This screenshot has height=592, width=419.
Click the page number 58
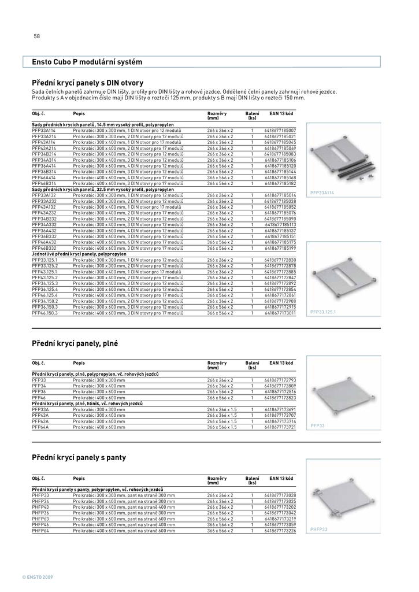[x=37, y=36]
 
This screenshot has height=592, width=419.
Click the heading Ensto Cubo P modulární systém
[x=87, y=62]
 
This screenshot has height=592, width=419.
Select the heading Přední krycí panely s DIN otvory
[x=87, y=83]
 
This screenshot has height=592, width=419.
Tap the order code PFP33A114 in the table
[x=44, y=131]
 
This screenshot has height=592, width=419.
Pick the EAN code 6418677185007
[x=280, y=131]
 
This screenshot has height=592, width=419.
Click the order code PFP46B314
[x=44, y=183]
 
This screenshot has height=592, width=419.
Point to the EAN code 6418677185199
[x=280, y=248]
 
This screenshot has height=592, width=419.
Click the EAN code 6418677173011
[x=280, y=313]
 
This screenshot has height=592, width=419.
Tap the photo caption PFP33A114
[x=322, y=192]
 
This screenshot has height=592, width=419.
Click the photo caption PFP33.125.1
[x=323, y=312]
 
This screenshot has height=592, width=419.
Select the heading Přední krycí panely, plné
[x=75, y=343]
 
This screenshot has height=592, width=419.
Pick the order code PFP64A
[x=40, y=427]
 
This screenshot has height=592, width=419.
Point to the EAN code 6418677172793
[x=280, y=380]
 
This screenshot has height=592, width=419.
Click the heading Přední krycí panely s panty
[x=79, y=458]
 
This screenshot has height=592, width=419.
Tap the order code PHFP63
[x=40, y=519]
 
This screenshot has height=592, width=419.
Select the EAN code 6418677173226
[x=280, y=530]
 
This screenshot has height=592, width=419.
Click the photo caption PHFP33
[x=318, y=530]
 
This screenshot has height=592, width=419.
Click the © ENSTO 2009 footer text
[x=38, y=578]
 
